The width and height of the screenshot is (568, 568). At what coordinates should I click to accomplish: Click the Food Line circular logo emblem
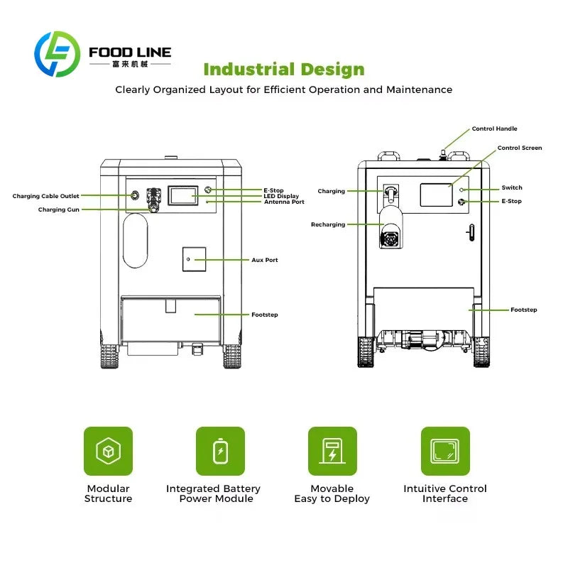(58, 54)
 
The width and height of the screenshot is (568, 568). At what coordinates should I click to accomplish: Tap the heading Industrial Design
(284, 69)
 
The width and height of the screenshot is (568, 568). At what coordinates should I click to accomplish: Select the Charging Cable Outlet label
(45, 196)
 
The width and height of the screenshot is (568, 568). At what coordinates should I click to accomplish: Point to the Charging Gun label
(59, 209)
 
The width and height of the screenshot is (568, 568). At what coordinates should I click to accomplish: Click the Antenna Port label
(284, 202)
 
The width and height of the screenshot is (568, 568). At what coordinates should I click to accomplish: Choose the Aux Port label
(264, 260)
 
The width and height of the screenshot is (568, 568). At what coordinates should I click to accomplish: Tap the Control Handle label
(494, 129)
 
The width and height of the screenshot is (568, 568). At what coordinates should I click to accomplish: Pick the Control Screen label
(520, 148)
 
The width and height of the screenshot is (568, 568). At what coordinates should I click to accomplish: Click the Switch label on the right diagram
(512, 187)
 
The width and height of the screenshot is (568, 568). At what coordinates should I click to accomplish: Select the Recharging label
(328, 224)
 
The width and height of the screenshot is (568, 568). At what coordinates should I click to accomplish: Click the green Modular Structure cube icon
(109, 451)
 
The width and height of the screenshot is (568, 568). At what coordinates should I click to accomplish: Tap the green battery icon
(220, 451)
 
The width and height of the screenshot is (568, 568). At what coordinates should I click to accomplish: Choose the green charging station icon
(332, 451)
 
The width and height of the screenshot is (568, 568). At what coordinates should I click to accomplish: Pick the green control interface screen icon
(445, 451)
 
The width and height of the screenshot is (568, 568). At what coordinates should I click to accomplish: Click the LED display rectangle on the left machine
(183, 196)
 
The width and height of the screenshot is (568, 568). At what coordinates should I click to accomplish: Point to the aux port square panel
(194, 259)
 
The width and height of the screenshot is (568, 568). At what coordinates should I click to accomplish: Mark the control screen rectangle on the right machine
(436, 195)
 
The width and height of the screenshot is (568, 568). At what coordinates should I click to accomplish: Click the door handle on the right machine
(471, 232)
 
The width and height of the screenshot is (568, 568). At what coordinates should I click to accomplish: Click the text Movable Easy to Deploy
(332, 493)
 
